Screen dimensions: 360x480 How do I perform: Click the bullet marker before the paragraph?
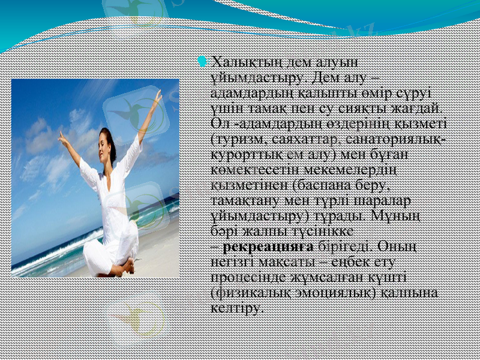(202, 61)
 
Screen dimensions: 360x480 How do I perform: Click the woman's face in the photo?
(107, 145)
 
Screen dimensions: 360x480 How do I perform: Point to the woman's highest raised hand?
(158, 96)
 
